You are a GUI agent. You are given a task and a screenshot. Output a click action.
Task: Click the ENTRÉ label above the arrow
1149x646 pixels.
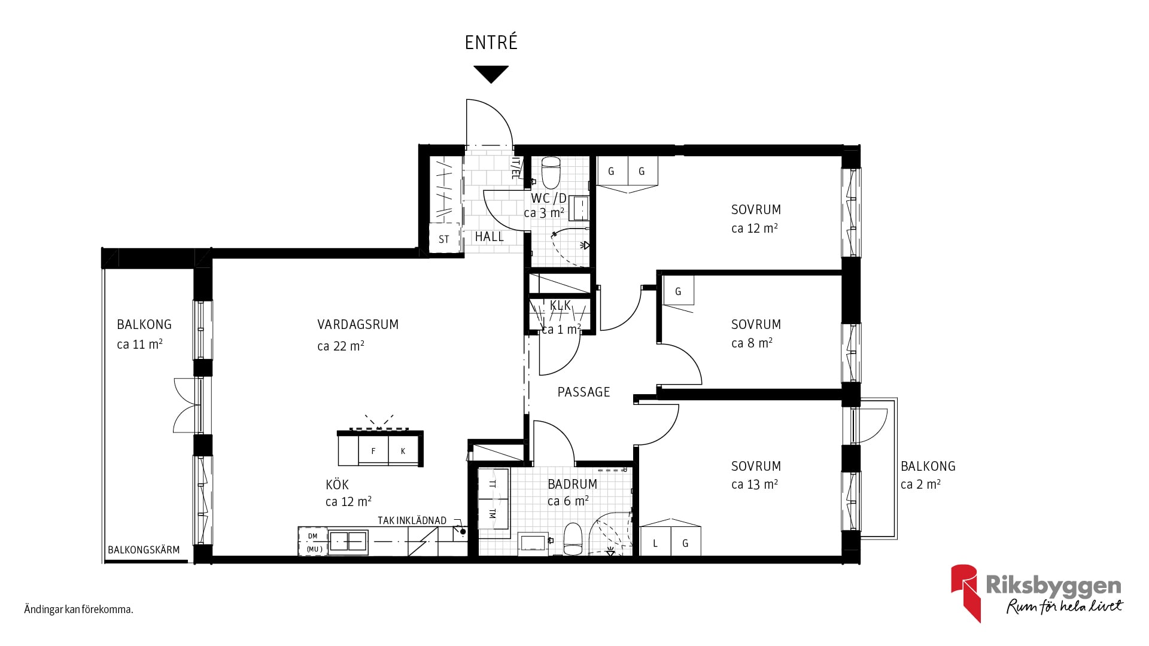coord(491,42)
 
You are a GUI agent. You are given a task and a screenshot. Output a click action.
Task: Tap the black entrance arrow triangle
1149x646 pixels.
coord(491,74)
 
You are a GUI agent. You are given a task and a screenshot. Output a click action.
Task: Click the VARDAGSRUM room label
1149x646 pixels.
coord(358,325)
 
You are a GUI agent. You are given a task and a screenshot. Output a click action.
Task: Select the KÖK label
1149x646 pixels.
coord(337,484)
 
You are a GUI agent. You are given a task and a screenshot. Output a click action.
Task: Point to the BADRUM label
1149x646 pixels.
coord(572,484)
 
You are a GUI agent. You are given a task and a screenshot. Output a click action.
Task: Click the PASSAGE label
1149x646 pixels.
coord(583,392)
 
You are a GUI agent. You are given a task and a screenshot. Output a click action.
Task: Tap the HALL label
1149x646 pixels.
coord(489,237)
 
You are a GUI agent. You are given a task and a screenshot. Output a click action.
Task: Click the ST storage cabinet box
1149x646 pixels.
coord(444,239)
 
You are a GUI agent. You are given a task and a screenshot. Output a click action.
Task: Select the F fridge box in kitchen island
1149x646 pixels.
coord(373,450)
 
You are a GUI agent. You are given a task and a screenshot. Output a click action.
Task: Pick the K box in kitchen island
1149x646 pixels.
coord(403,450)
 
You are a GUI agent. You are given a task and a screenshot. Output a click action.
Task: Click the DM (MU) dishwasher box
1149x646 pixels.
coord(313,542)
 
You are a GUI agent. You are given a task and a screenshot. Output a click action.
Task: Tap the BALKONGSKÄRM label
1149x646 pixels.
coord(144,550)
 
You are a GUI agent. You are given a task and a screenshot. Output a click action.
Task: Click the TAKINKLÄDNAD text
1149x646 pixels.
coord(412,520)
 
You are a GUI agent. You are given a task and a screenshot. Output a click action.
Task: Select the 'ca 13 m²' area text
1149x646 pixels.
coord(754,484)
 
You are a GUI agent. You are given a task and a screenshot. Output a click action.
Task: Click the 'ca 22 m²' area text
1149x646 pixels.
coord(341,346)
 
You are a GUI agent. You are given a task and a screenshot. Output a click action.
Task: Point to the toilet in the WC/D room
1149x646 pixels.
coord(551,172)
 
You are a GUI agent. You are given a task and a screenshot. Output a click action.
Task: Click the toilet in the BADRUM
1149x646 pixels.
coord(573,539)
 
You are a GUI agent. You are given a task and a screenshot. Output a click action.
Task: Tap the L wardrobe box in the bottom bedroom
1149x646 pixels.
coord(655,543)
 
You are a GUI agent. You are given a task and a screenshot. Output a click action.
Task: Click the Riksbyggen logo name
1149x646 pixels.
coord(1053,586)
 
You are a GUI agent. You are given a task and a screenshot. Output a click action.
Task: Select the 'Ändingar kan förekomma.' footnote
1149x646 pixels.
coord(78,610)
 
